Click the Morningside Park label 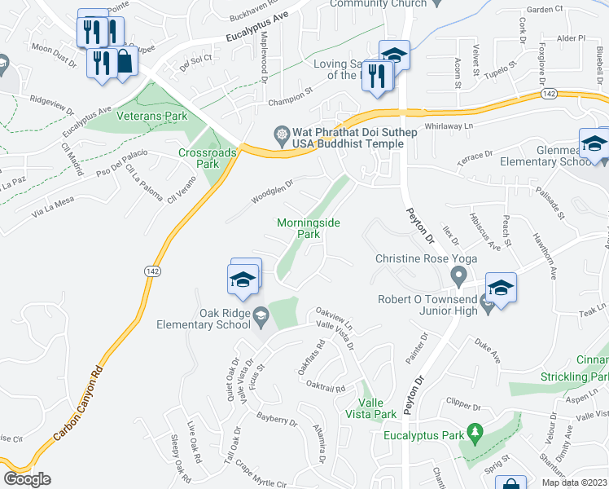pyautogui.click(x=308, y=227)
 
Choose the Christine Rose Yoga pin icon pyautogui.click(x=458, y=279)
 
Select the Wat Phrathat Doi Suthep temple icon pyautogui.click(x=282, y=133)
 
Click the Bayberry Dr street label pyautogui.click(x=277, y=420)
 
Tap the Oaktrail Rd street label pyautogui.click(x=326, y=388)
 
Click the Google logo pyautogui.click(x=27, y=479)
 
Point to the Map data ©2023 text pyautogui.click(x=573, y=482)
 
